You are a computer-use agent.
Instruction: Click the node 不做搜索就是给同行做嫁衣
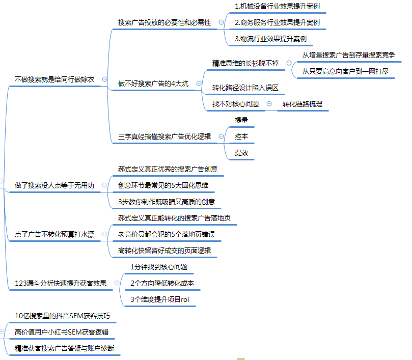tap(54, 79)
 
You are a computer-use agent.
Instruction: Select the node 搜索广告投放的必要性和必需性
tap(164, 22)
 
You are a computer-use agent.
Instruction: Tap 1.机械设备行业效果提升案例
tap(277, 7)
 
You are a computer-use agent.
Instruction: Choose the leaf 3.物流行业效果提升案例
tap(270, 39)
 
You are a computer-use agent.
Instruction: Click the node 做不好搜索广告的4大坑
tap(153, 84)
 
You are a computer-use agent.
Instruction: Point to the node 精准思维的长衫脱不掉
tap(245, 63)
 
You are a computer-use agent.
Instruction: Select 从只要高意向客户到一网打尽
tap(345, 71)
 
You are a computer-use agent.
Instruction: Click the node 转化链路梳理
tap(302, 104)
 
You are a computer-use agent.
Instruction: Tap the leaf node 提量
tap(241, 120)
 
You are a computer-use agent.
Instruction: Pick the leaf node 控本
tap(241, 136)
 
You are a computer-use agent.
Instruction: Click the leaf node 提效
tap(241, 152)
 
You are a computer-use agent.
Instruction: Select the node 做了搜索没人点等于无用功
tap(54, 185)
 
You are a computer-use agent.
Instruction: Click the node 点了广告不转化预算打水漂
tap(54, 234)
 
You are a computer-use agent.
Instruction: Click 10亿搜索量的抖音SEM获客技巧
tap(62, 316)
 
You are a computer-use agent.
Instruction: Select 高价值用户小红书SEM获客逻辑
tap(62, 333)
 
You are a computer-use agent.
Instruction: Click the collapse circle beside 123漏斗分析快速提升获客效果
tap(117, 283)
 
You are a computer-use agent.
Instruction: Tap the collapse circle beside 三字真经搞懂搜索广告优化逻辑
tap(221, 136)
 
